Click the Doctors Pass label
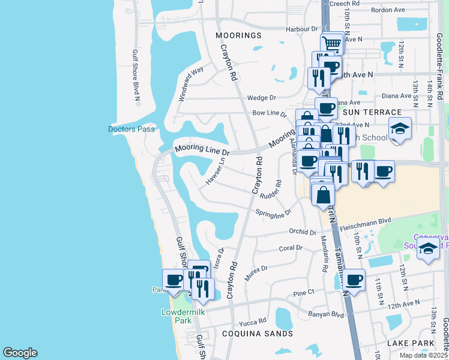tap(131, 129)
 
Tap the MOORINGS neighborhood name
tap(239, 35)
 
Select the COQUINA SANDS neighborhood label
tap(256, 334)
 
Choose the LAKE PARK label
tap(410, 343)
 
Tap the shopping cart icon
tap(331, 43)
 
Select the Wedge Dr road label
tap(261, 98)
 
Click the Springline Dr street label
tap(273, 213)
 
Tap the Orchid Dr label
tap(302, 232)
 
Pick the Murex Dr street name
tap(256, 273)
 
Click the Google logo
tap(20, 353)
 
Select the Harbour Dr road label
tap(301, 29)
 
